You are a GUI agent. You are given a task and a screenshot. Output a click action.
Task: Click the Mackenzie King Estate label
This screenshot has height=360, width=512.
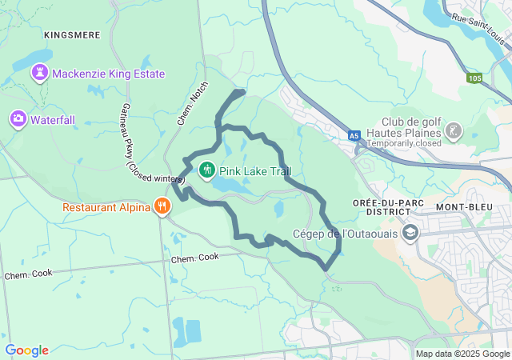click(x=109, y=74)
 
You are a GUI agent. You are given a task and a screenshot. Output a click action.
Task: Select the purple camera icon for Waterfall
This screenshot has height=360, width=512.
click(x=18, y=119)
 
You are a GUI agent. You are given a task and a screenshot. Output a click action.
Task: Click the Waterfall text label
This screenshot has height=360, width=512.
click(x=53, y=119)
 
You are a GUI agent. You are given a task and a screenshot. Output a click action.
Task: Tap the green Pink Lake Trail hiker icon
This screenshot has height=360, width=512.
click(x=206, y=170)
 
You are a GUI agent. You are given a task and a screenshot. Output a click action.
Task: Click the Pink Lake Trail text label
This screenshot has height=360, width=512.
click(x=256, y=170)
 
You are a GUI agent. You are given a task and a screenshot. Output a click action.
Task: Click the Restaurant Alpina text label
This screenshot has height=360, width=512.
click(x=108, y=207)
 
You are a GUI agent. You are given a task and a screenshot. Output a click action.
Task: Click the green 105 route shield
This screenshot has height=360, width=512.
click(x=475, y=78)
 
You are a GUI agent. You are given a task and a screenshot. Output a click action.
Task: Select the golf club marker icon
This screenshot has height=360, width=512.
click(x=454, y=130)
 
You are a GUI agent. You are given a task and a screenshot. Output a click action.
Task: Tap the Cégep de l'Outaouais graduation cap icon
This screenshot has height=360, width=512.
click(x=410, y=233)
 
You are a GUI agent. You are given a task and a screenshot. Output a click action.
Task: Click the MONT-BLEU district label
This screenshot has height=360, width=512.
click(x=462, y=206)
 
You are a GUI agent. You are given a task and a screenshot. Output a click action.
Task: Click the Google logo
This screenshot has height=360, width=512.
click(x=26, y=350)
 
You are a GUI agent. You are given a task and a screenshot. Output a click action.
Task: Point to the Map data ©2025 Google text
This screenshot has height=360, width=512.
click(x=462, y=354)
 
